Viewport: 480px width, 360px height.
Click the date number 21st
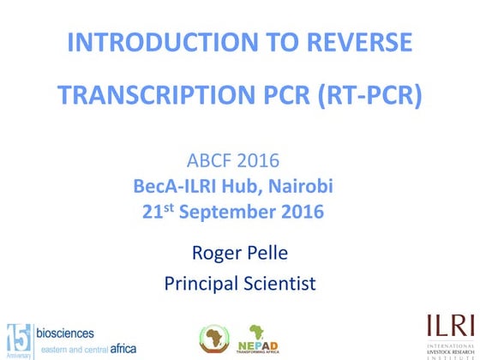(x=158, y=211)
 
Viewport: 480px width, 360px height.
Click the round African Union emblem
(x=215, y=335)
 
